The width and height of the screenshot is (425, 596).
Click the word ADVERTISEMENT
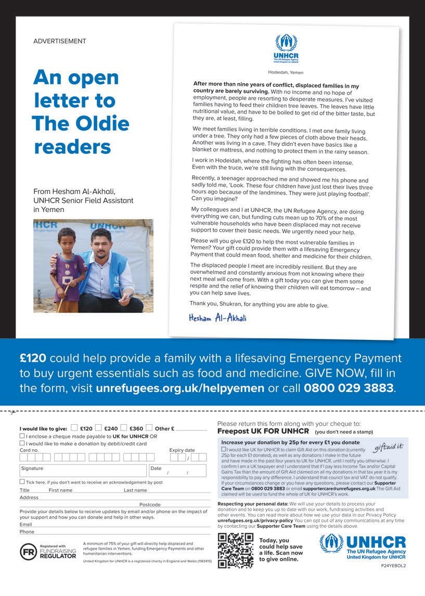click(59, 41)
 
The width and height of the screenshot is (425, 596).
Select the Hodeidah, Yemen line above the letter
click(286, 72)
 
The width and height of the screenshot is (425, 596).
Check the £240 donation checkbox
click(98, 428)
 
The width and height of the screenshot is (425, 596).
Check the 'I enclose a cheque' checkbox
click(22, 436)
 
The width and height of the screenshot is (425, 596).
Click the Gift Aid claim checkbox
click(224, 449)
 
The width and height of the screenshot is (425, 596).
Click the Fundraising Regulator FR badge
click(28, 552)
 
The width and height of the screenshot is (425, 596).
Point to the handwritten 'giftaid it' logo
click(389, 447)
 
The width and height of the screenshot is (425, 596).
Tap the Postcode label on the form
click(150, 504)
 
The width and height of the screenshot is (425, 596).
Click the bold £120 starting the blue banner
click(33, 358)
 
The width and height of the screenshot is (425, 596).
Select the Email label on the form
click(26, 525)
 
